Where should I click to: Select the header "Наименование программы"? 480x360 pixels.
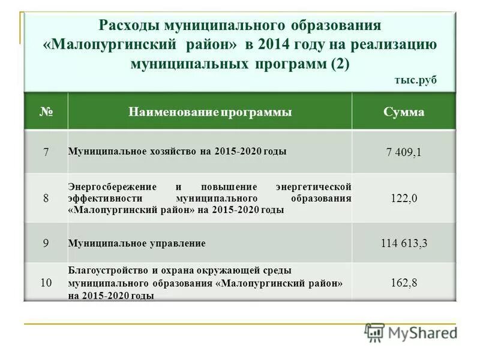tap(209, 112)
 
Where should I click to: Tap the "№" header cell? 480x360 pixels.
tap(46, 112)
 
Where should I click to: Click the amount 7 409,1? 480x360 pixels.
tap(403, 152)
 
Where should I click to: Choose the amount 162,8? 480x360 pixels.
tap(403, 282)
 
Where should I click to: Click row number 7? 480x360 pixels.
tap(46, 152)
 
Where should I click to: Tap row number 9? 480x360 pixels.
tap(46, 243)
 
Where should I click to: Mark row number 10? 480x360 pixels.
tap(46, 282)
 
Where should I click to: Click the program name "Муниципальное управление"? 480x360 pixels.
tap(137, 243)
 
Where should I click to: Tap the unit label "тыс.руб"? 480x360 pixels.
tap(416, 80)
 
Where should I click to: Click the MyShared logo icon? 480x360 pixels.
tap(375, 332)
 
